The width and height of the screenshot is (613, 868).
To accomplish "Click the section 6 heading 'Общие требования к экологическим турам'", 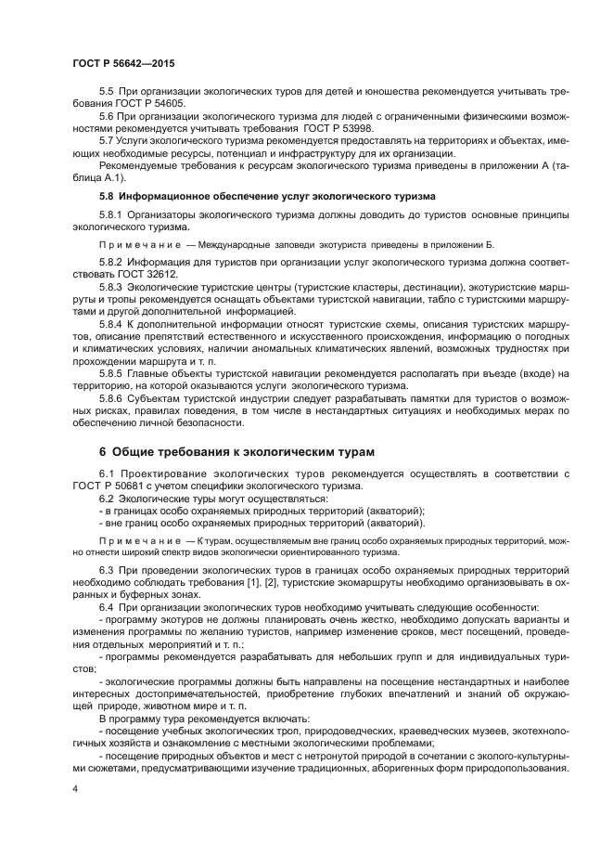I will point(236,452).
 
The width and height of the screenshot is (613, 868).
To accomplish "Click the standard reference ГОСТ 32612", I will point(144,275).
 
